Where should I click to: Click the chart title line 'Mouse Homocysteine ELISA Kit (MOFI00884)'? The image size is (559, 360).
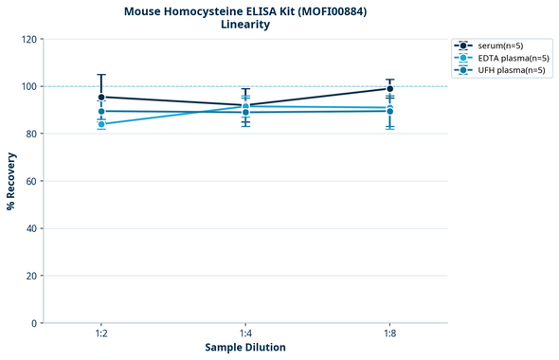[245, 11]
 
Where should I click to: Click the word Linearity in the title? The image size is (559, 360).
[245, 25]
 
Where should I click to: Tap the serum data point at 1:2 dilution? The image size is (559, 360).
[101, 97]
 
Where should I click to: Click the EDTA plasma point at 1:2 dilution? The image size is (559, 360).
[101, 124]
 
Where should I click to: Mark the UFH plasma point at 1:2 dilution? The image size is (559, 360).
[101, 111]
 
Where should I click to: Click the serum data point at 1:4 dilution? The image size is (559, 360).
[245, 105]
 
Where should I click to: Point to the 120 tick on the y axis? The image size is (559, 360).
[29, 39]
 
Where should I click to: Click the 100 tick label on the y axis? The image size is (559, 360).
[29, 86]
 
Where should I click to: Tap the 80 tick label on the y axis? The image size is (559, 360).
[32, 134]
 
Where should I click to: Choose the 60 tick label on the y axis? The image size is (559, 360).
[32, 181]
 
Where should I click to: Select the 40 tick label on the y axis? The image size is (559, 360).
[32, 228]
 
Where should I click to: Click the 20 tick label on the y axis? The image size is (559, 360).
[32, 276]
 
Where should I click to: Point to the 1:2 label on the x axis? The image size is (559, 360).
[101, 333]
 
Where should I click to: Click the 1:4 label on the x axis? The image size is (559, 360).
[245, 333]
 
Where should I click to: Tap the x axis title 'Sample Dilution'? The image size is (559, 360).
[245, 348]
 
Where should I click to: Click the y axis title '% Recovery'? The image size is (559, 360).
[11, 180]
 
